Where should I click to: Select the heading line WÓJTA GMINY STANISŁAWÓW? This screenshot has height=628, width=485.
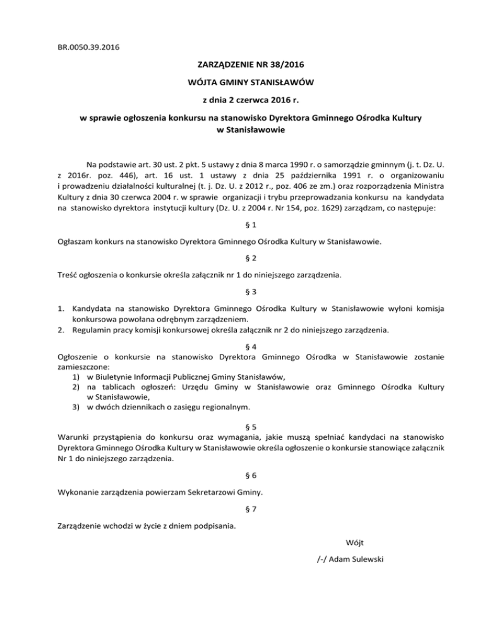242,82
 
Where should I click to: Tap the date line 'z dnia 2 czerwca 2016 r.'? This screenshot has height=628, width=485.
242,100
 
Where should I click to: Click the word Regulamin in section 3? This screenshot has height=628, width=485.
94,329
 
